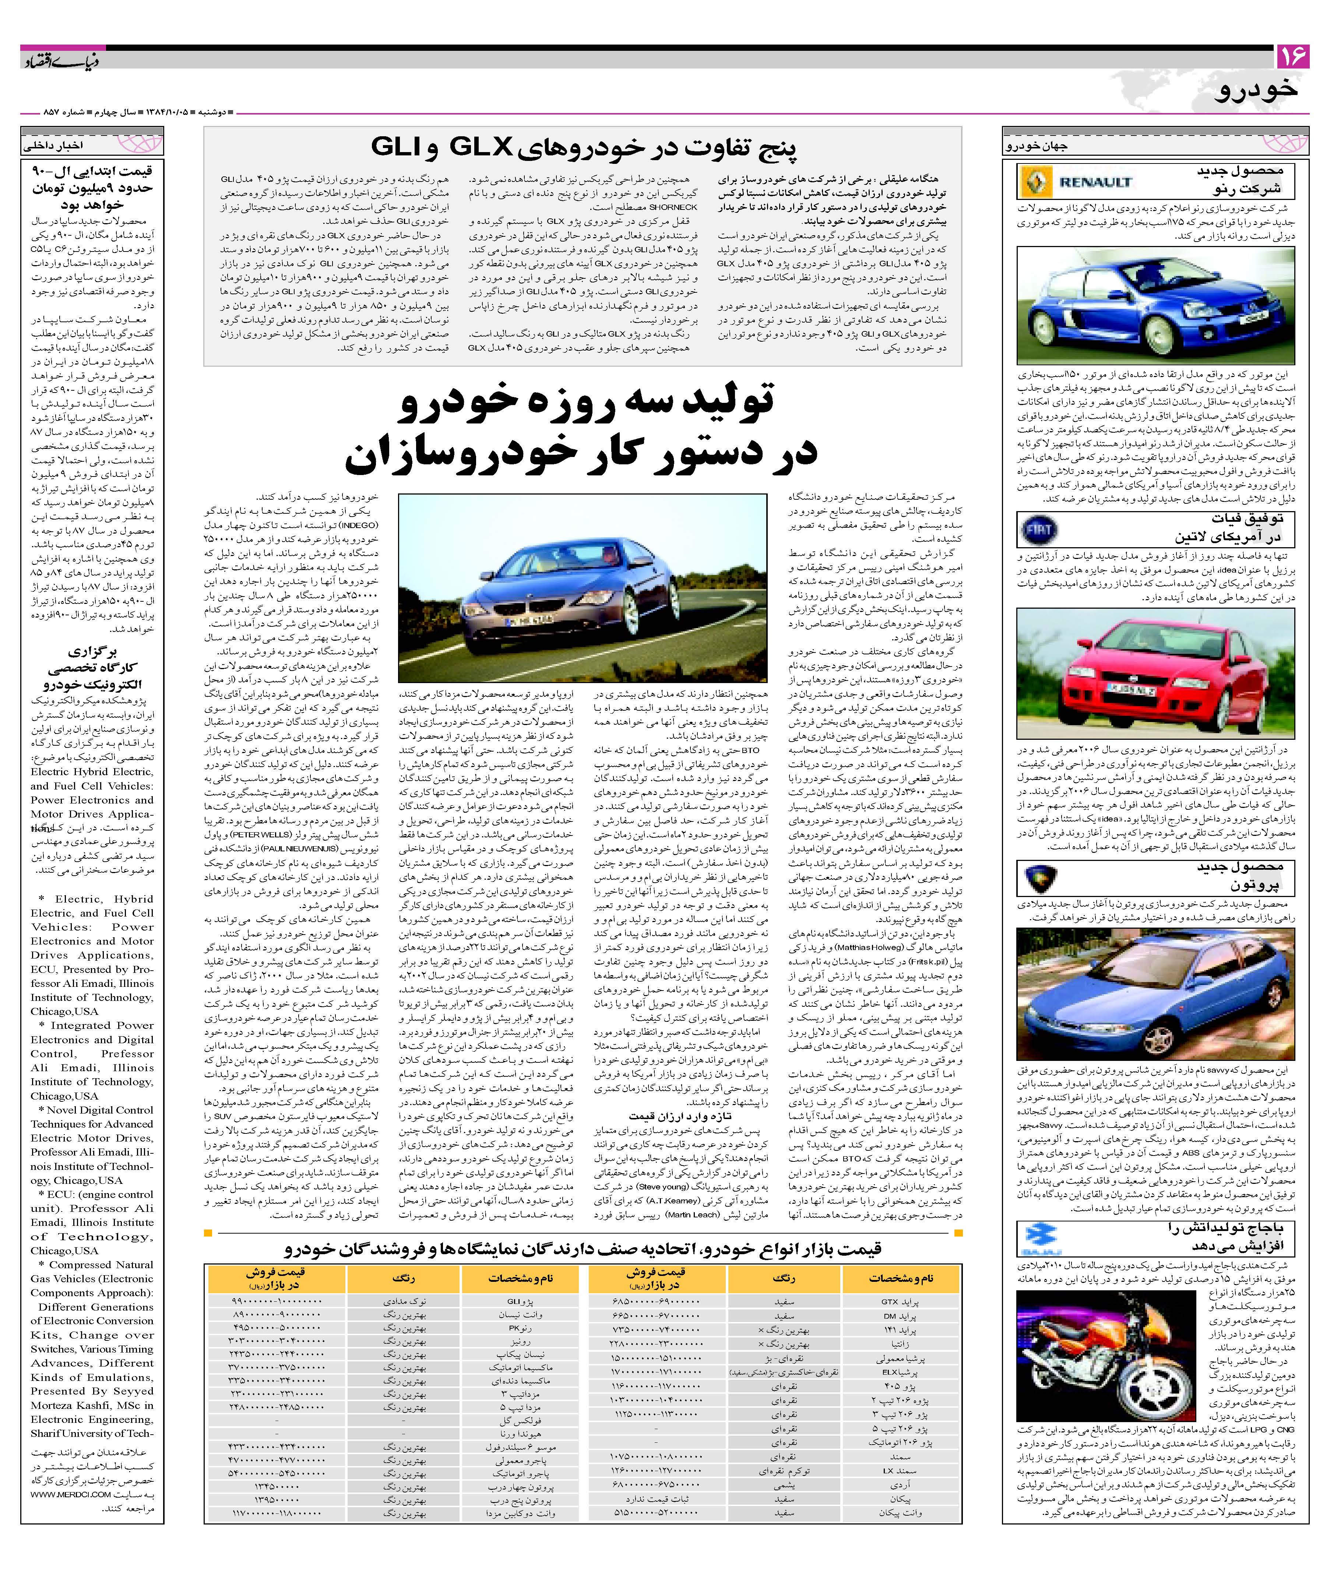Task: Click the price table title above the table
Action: point(583,1249)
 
